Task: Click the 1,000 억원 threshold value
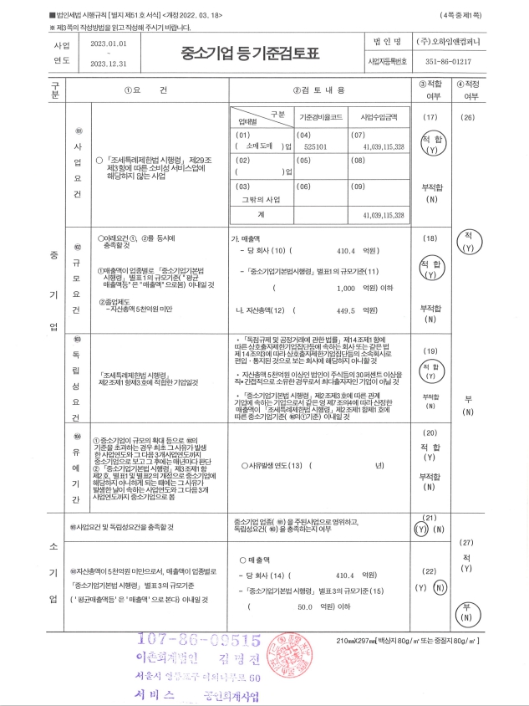coord(346,289)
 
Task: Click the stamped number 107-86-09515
coord(193,640)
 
